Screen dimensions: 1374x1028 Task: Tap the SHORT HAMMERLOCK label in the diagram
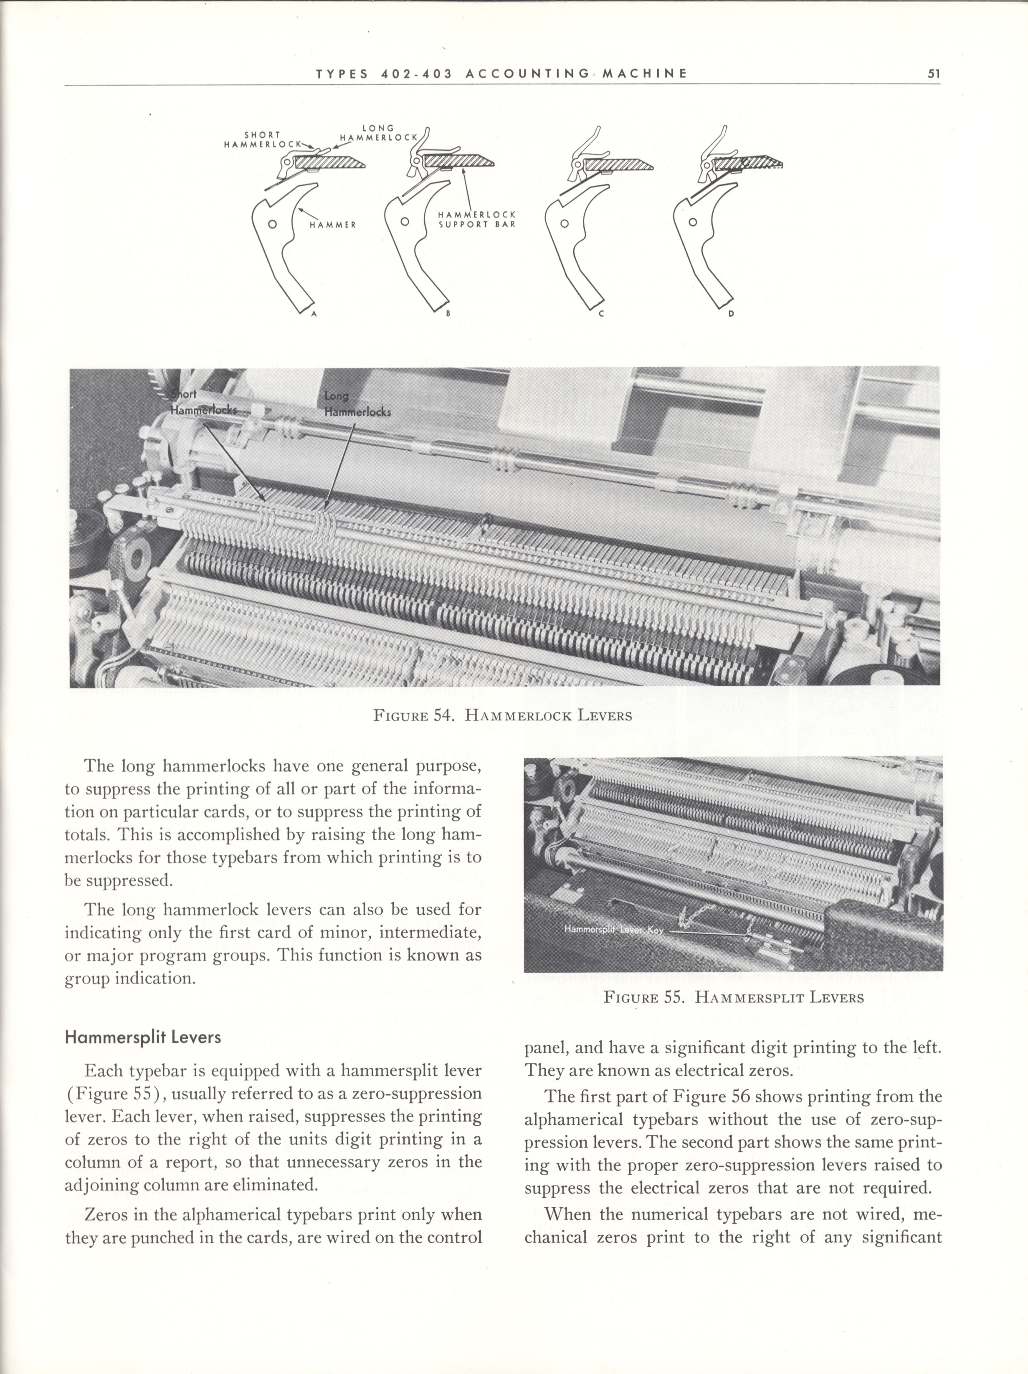(x=262, y=139)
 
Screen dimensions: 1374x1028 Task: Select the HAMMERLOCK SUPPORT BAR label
(x=477, y=219)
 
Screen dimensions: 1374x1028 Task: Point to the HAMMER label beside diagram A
(x=333, y=225)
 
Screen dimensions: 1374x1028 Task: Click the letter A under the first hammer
(x=314, y=314)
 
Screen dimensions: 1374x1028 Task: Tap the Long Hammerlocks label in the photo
(x=357, y=404)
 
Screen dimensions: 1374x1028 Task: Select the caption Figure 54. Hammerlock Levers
(x=502, y=715)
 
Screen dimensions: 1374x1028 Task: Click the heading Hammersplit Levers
(x=143, y=1037)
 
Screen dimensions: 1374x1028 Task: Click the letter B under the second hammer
(x=447, y=314)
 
